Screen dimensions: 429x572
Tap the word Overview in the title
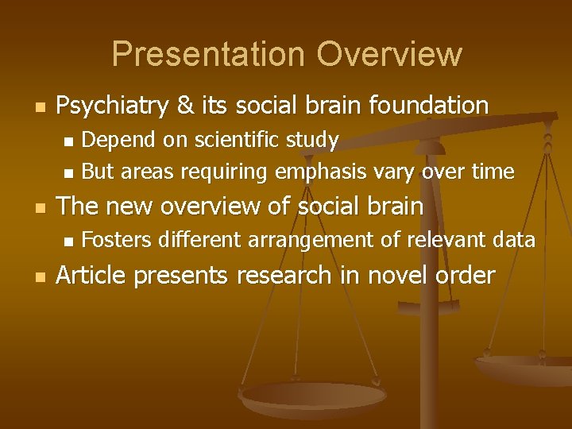(388, 54)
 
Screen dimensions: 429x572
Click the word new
(137, 206)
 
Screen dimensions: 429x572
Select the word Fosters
(117, 240)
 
